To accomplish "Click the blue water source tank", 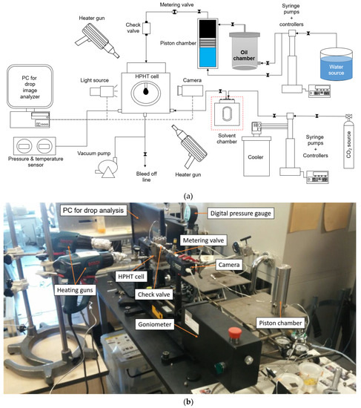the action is tap(337, 65).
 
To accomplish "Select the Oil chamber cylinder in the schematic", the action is tap(244, 51).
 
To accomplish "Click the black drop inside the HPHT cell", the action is tap(145, 91).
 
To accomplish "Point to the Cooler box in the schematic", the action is tap(256, 157).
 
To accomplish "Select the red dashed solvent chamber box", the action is tap(227, 113).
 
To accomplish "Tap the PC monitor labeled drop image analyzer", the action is tap(30, 86).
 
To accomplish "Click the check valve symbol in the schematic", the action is tap(146, 28).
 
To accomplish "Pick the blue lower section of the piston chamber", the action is tap(208, 57).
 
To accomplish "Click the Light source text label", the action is tap(94, 80).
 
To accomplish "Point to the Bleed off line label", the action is tap(147, 177).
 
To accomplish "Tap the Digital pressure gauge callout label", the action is tap(241, 214).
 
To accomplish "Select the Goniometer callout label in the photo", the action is tap(155, 324).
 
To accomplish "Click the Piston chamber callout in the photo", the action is tap(280, 323).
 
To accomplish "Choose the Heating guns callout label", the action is tap(75, 290).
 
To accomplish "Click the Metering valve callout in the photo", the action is tap(203, 240).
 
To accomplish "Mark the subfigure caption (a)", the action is tap(188, 196).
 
